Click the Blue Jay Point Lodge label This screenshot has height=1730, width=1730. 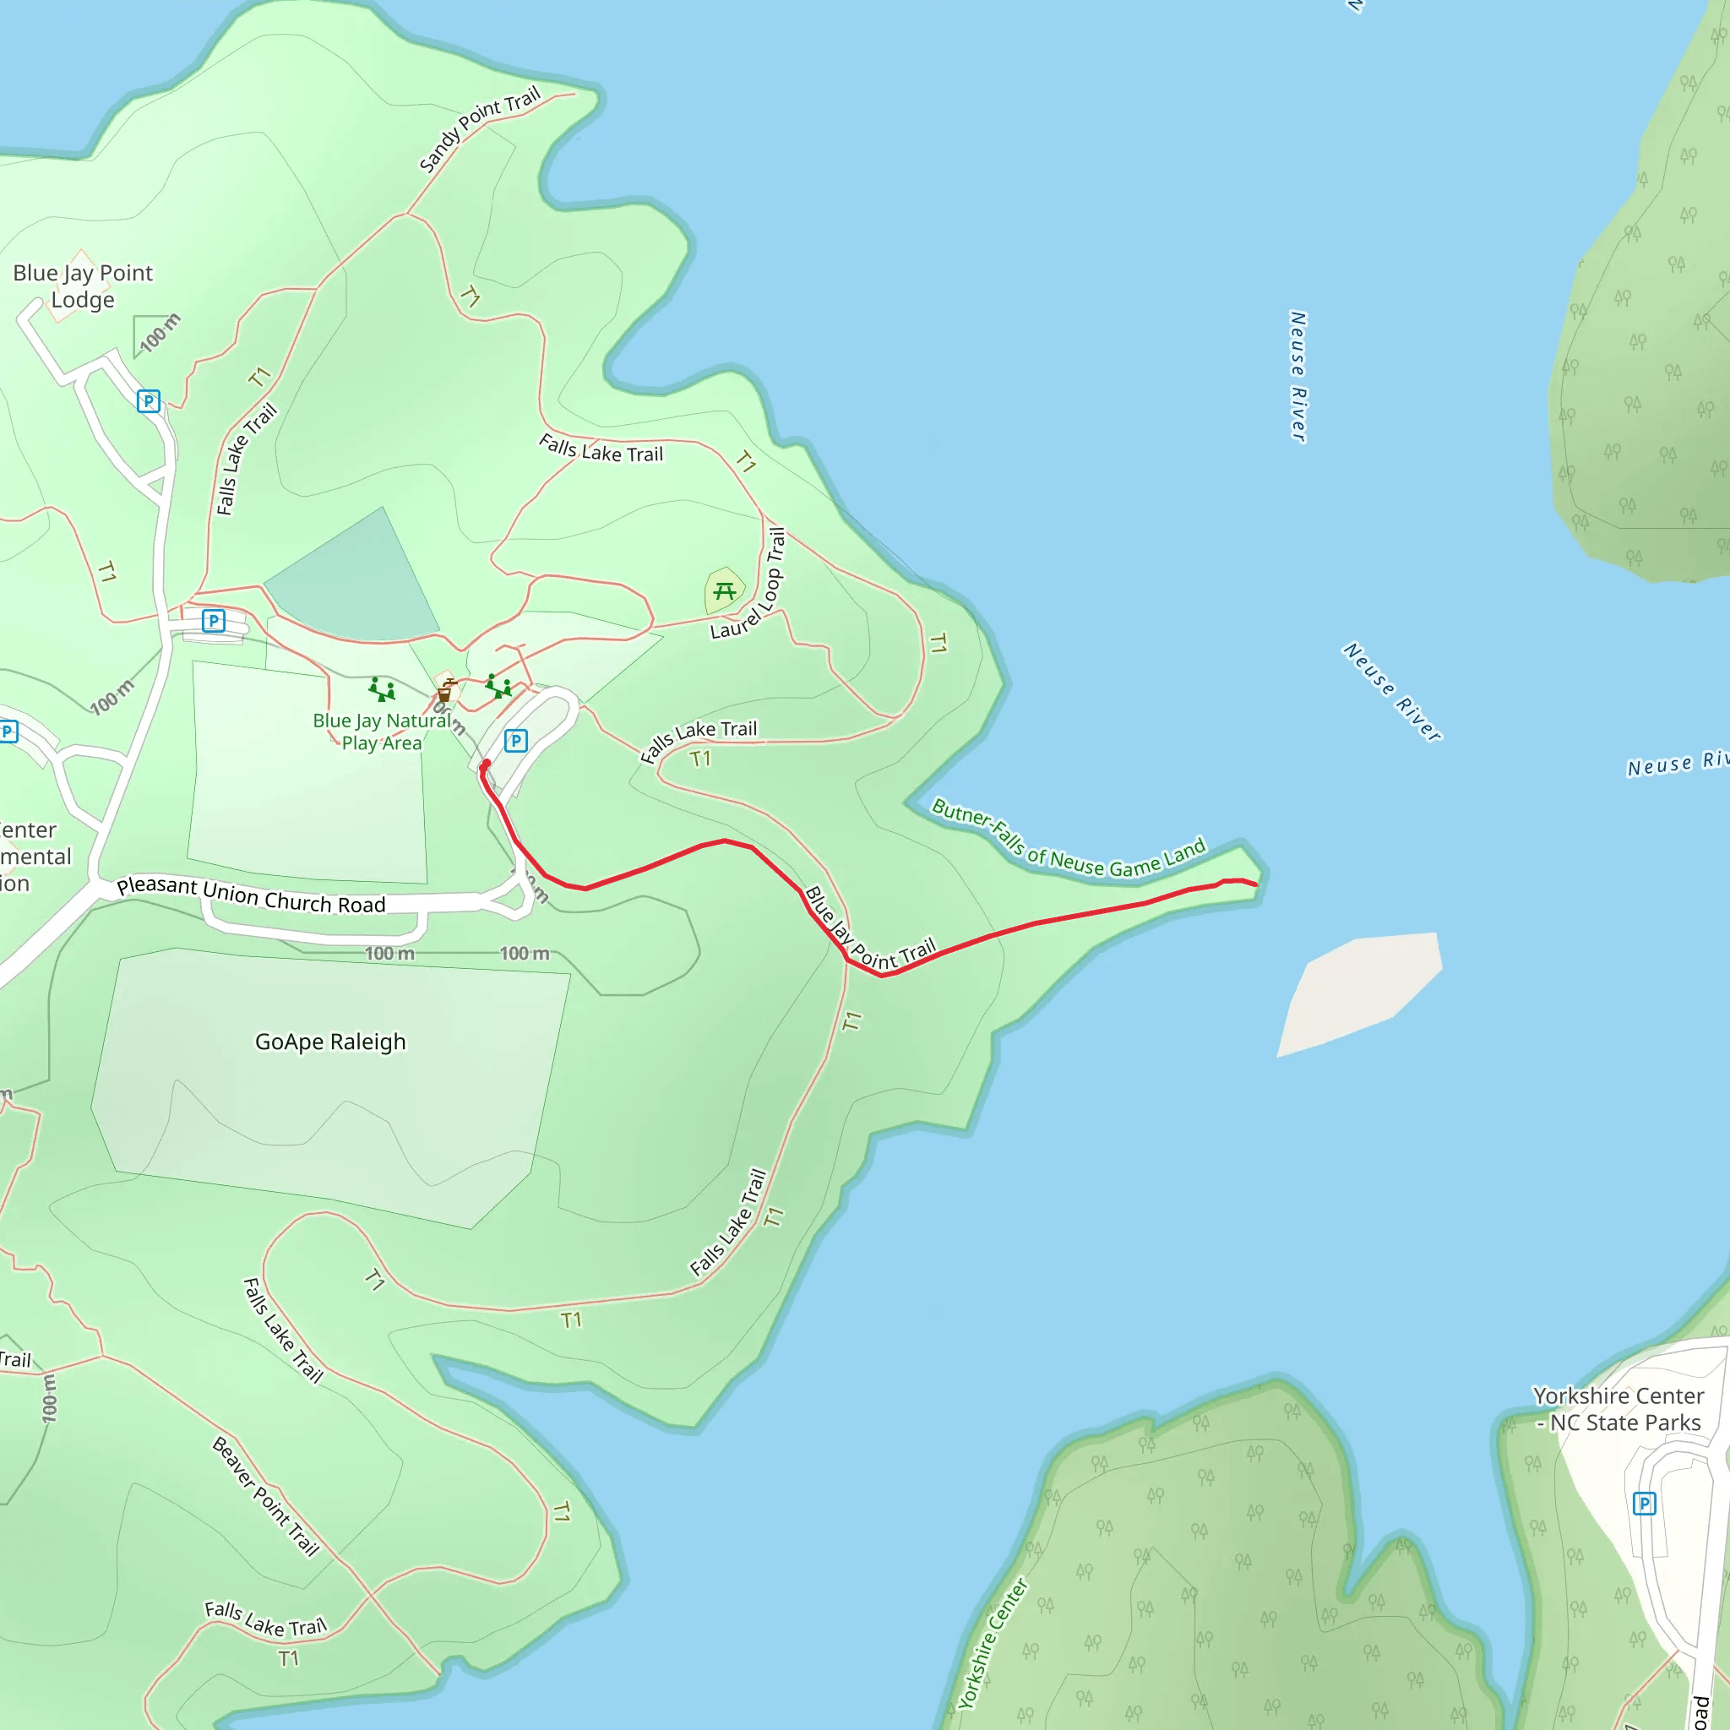tap(83, 286)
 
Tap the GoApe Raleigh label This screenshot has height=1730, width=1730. tap(330, 1042)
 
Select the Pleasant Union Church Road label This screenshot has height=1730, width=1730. tap(251, 895)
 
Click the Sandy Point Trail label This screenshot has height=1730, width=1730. tap(480, 129)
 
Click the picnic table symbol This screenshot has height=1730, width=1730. tap(725, 591)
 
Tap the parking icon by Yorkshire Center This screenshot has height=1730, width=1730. tap(1644, 1504)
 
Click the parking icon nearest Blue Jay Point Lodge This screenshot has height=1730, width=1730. tap(149, 400)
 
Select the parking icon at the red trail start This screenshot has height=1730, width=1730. tap(516, 741)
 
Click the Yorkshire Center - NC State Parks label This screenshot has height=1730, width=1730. tap(1618, 1410)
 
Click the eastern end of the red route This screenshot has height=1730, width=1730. tap(1255, 884)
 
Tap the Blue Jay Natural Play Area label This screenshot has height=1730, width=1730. tap(381, 732)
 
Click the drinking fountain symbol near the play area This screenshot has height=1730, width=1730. tap(445, 690)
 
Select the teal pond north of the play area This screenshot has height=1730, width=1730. tap(358, 582)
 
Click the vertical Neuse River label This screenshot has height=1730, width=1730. tap(1297, 376)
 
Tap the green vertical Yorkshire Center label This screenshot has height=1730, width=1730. tap(993, 1644)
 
